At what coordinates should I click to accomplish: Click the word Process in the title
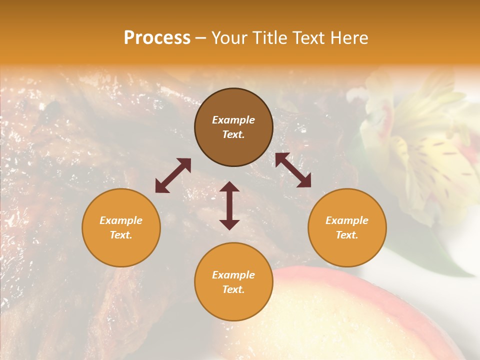(x=157, y=38)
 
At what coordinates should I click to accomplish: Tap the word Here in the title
(x=348, y=38)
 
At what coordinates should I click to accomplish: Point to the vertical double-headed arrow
(x=229, y=205)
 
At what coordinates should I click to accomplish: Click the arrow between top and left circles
(x=173, y=175)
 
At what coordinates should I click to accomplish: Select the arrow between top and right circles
(x=293, y=170)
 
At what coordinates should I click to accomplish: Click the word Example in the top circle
(x=233, y=120)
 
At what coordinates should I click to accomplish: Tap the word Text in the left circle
(x=121, y=235)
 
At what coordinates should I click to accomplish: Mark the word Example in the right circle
(x=347, y=220)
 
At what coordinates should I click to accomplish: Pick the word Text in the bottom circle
(x=233, y=289)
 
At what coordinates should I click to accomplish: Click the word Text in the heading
(x=307, y=38)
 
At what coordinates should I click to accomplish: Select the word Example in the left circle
(x=121, y=220)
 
